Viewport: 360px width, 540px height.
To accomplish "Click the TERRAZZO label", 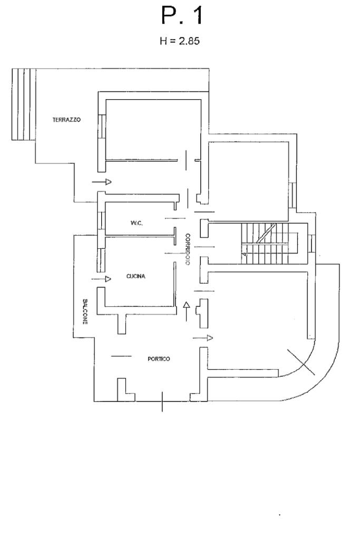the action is [67, 120].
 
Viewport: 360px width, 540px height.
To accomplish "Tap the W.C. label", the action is [137, 223].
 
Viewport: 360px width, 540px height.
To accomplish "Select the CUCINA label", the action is [136, 276].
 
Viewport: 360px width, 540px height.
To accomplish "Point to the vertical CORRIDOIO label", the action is [188, 249].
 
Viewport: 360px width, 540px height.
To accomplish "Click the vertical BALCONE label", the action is [85, 311].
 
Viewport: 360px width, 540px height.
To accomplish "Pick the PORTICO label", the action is [159, 359].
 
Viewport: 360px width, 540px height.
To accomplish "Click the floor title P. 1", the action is [182, 16].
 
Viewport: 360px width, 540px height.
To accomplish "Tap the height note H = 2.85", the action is [180, 41].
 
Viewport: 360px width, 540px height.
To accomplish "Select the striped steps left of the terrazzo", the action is [24, 104].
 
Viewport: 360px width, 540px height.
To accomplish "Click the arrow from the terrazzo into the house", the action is [102, 181].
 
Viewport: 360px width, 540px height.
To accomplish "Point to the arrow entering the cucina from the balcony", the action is [101, 278].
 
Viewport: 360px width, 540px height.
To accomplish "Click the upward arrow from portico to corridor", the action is [186, 311].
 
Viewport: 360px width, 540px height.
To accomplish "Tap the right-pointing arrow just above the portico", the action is [203, 337].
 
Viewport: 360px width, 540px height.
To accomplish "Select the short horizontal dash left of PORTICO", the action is [121, 356].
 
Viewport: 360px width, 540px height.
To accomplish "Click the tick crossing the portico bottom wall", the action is [162, 401].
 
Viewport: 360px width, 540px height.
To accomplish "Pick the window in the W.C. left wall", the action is [101, 220].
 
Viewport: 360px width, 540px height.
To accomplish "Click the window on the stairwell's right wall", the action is [311, 243].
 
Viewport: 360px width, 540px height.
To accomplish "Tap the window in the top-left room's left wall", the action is [102, 127].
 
